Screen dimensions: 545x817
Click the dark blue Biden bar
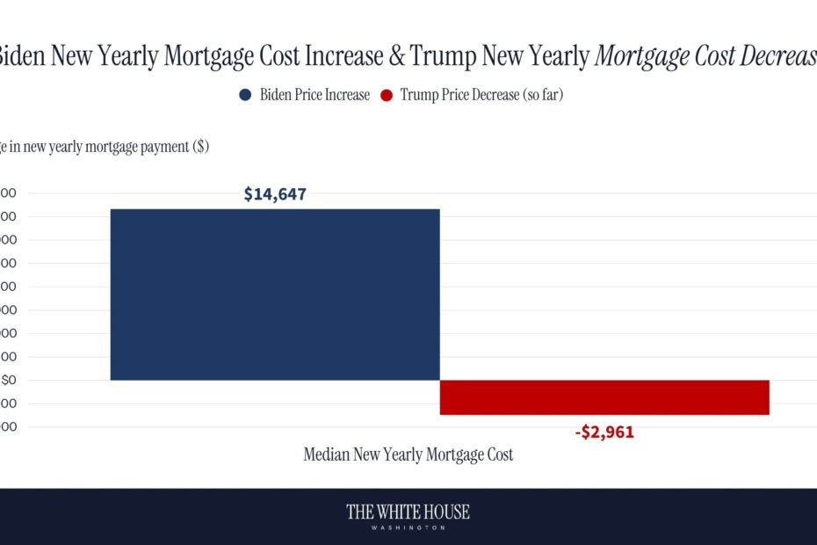pyautogui.click(x=274, y=294)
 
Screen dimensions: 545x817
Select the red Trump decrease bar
pyautogui.click(x=604, y=397)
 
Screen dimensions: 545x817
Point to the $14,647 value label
pyautogui.click(x=275, y=194)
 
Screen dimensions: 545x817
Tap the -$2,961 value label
pyautogui.click(x=604, y=432)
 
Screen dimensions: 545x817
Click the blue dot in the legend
pyautogui.click(x=245, y=95)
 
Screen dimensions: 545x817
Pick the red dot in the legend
pyautogui.click(x=386, y=95)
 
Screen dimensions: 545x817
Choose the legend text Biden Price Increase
pyautogui.click(x=315, y=95)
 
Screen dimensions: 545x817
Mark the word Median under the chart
pyautogui.click(x=329, y=455)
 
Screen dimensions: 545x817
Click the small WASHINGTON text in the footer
pyautogui.click(x=408, y=527)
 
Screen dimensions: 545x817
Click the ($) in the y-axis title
pyautogui.click(x=199, y=147)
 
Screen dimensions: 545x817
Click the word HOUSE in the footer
pyautogui.click(x=446, y=512)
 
